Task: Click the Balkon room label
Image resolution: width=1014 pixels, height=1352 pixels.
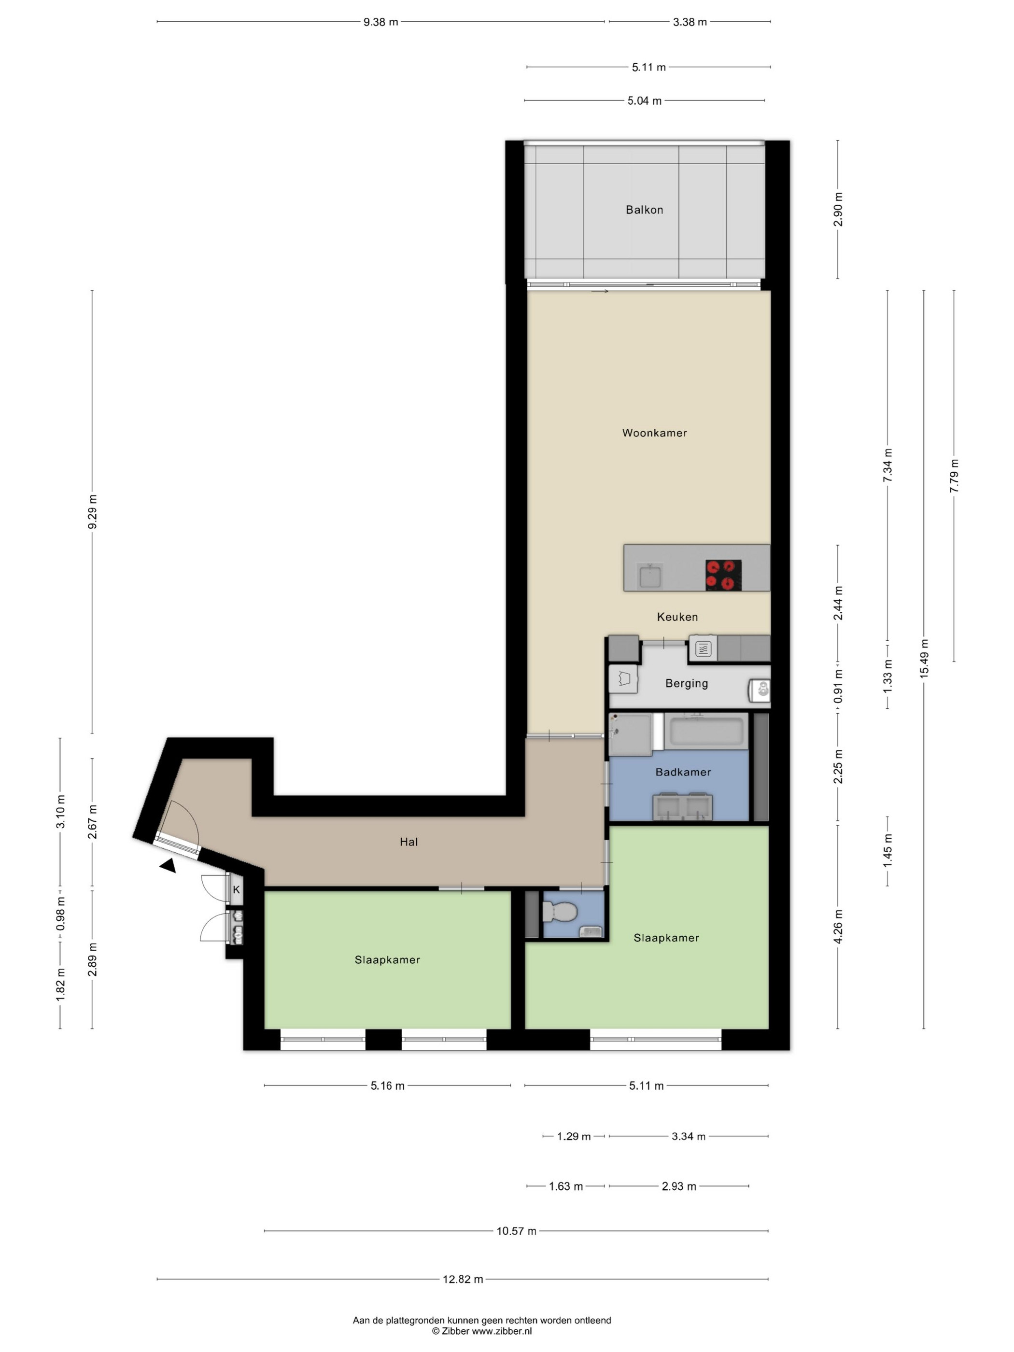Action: [644, 210]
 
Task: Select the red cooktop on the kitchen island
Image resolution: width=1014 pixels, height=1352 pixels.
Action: [723, 575]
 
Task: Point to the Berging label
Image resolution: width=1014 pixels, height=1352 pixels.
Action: [687, 683]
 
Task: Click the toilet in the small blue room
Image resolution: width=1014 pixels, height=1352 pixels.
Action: [559, 913]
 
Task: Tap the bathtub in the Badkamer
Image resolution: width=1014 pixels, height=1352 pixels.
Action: [706, 731]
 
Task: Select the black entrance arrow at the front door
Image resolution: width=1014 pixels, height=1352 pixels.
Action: [168, 865]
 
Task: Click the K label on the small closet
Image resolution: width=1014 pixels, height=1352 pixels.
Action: [236, 890]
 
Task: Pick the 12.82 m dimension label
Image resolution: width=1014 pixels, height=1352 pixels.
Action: [463, 1279]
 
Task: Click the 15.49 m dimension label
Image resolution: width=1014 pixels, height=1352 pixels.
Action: [924, 658]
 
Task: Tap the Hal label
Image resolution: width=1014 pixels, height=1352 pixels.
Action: [408, 842]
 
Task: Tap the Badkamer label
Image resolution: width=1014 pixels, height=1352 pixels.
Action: [683, 772]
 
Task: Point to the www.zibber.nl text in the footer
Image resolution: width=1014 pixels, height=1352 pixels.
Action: [502, 1331]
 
